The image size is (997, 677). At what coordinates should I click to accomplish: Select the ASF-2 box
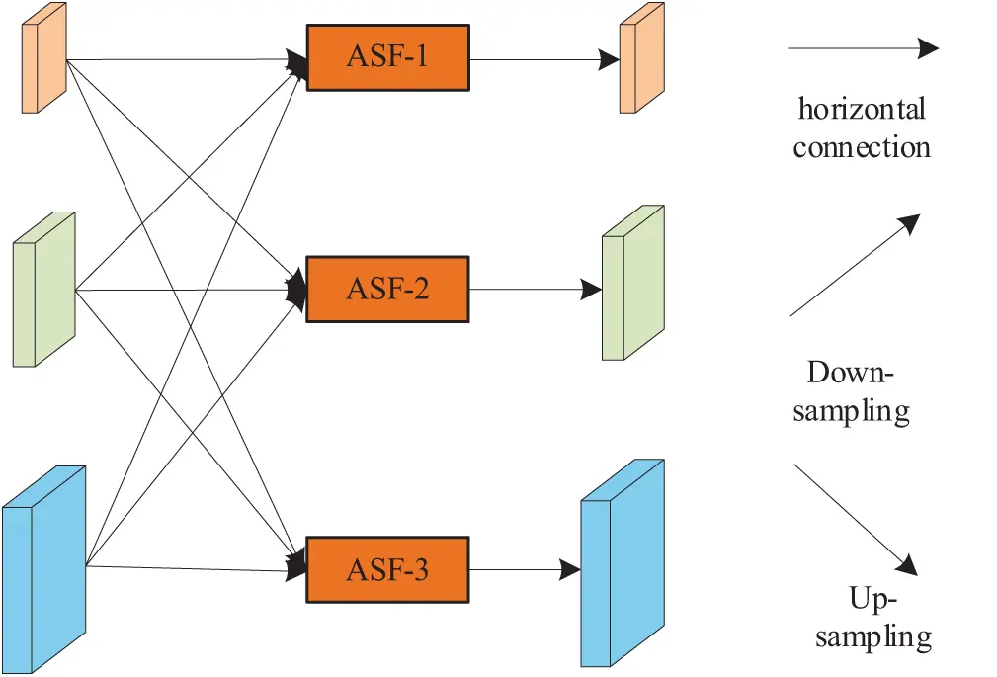click(387, 290)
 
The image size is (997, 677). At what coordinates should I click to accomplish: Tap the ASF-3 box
click(387, 570)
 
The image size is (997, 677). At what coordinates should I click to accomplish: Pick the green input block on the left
click(43, 290)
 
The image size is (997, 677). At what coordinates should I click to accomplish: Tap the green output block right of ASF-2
click(632, 284)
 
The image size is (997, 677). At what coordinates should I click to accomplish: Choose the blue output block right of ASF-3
click(622, 564)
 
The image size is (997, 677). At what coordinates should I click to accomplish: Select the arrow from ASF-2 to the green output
click(534, 290)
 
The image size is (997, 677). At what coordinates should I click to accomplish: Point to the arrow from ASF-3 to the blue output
click(524, 570)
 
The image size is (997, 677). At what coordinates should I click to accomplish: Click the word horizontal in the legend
click(862, 108)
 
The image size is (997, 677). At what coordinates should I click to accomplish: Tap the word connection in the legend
click(862, 147)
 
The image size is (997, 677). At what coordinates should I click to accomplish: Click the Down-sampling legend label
click(851, 391)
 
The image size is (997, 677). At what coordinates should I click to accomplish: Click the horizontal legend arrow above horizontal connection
click(862, 47)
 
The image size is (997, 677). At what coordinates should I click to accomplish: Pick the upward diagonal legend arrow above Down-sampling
click(856, 265)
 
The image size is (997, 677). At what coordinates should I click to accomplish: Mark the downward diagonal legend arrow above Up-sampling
click(856, 520)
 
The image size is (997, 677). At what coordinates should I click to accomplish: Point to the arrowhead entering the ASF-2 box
click(295, 290)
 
